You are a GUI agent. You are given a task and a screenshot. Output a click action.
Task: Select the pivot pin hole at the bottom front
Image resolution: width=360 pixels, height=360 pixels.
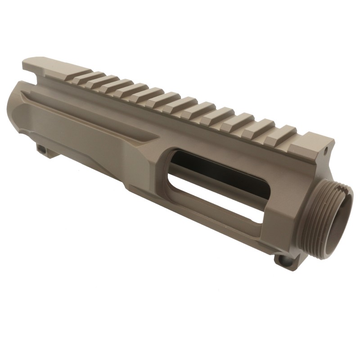(x=282, y=260)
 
